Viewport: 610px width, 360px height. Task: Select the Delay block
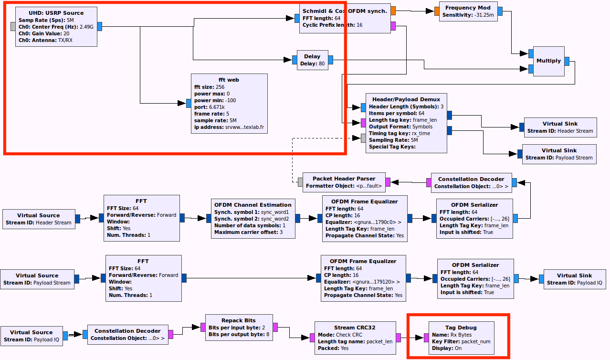click(x=312, y=60)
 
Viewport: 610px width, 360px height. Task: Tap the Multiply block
click(x=548, y=61)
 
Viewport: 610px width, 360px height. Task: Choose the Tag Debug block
click(x=461, y=338)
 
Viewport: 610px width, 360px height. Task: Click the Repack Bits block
click(x=238, y=328)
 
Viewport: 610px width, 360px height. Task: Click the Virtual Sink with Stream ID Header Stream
click(x=560, y=127)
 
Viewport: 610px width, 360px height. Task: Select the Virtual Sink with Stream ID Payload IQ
click(x=574, y=279)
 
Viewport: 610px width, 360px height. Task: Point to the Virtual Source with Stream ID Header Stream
click(x=38, y=219)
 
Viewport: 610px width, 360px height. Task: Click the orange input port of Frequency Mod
click(x=437, y=11)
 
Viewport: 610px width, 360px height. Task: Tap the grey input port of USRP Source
click(x=14, y=27)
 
